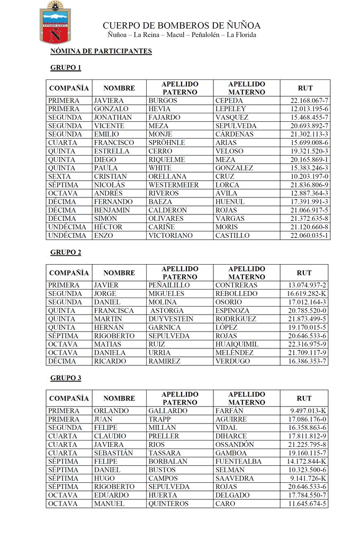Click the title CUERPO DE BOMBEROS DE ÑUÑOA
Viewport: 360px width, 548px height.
(x=182, y=25)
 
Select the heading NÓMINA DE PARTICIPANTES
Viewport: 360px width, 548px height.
(x=101, y=51)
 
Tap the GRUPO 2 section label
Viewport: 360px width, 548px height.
(x=66, y=252)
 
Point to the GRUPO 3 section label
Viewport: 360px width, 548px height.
(x=66, y=378)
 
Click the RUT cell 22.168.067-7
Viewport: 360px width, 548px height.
(x=309, y=101)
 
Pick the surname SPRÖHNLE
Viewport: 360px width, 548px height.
(x=167, y=143)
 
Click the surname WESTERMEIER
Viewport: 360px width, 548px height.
(x=174, y=185)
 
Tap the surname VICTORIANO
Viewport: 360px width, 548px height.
(x=170, y=235)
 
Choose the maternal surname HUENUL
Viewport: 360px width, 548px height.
(x=230, y=202)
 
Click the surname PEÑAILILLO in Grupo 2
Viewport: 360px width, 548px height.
(x=169, y=285)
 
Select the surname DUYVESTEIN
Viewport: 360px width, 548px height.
(x=171, y=319)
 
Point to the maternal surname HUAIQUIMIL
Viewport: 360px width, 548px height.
(x=237, y=344)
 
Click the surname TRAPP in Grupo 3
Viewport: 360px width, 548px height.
(x=159, y=419)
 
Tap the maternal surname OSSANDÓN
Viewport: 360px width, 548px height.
(x=235, y=445)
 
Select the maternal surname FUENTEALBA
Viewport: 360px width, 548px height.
(x=238, y=462)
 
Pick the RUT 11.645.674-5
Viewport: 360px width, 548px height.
(x=308, y=504)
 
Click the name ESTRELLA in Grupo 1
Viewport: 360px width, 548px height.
(x=111, y=151)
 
